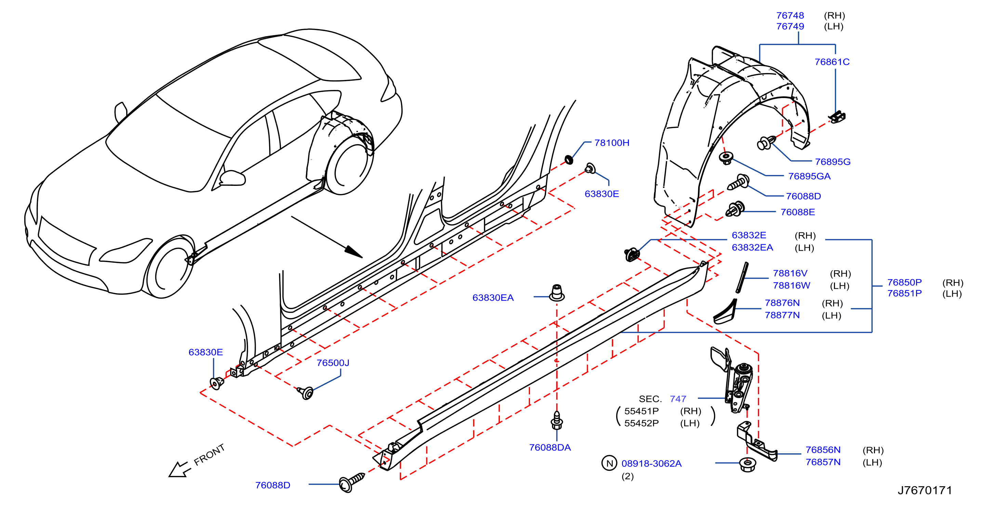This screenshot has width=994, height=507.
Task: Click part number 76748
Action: (790, 15)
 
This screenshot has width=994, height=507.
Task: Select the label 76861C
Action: (832, 62)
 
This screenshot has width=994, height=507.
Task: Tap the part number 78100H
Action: (612, 143)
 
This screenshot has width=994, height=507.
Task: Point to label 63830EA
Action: (493, 298)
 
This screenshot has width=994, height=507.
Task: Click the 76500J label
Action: (333, 363)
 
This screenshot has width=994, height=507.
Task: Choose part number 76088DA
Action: (549, 447)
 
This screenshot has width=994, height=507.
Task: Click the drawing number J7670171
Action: (925, 490)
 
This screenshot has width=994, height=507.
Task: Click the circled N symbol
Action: (609, 463)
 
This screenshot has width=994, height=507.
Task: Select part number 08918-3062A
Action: (651, 463)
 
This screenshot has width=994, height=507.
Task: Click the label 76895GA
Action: (809, 176)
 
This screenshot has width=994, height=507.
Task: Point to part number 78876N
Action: (782, 303)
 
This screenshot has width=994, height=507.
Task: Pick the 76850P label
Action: (904, 282)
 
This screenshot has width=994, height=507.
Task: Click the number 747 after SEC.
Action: (678, 399)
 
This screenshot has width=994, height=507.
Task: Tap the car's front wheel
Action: (169, 267)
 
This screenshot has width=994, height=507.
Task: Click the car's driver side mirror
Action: (232, 178)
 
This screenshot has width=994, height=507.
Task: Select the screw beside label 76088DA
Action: (556, 420)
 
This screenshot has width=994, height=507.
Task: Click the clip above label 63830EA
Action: (556, 293)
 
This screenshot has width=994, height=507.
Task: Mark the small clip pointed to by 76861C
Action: (837, 117)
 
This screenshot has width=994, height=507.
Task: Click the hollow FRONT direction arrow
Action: (180, 469)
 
